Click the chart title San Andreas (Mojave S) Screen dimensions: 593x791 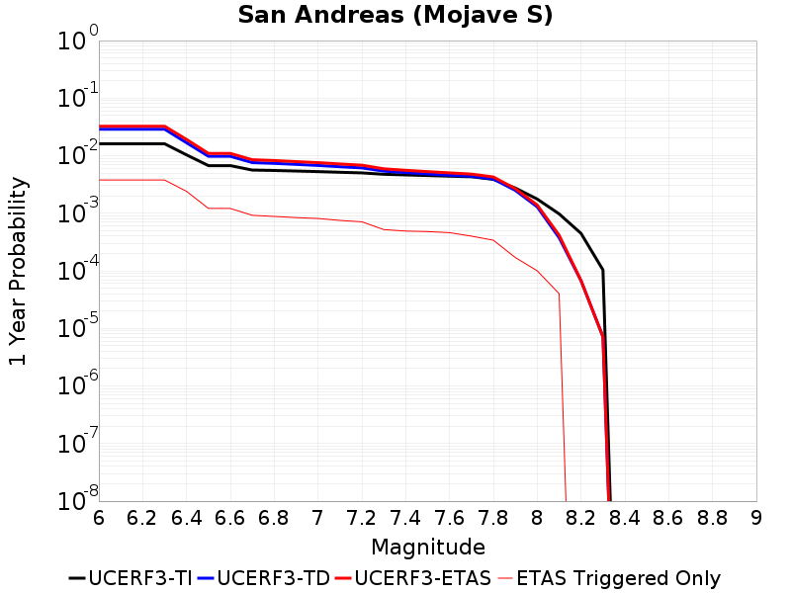coord(395,16)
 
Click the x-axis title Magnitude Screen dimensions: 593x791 coord(427,547)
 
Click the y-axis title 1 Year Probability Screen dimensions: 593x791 coord(18,271)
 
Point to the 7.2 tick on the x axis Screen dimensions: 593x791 coord(362,518)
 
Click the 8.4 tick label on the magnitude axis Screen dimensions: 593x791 coord(625,518)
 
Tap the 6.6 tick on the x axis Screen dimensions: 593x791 coord(230,518)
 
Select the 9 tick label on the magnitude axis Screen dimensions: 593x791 coord(756,518)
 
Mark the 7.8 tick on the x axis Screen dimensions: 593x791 coord(493,518)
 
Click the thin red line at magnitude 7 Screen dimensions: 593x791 coord(318,218)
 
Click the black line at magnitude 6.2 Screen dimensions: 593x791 coord(142,144)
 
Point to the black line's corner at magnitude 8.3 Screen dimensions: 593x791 coord(602,270)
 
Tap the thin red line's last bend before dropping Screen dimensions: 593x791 coord(560,294)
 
